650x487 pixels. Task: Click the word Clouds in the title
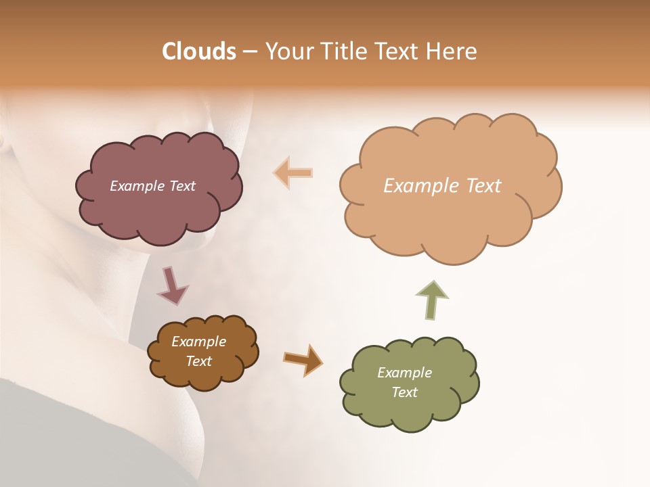point(199,51)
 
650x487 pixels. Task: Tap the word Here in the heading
point(452,51)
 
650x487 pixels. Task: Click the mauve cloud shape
point(158,203)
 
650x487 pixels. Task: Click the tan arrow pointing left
point(293,173)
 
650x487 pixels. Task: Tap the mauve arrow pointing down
point(172,285)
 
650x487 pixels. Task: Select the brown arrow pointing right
point(303,359)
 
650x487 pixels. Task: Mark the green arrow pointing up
point(432,299)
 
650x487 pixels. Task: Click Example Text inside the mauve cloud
point(152,186)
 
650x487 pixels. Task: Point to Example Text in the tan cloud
point(442,186)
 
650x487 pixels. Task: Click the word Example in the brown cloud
point(198,342)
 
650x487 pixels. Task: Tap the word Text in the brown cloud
point(198,361)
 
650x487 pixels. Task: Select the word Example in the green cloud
point(404,373)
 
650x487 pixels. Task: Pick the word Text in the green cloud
point(404,392)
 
